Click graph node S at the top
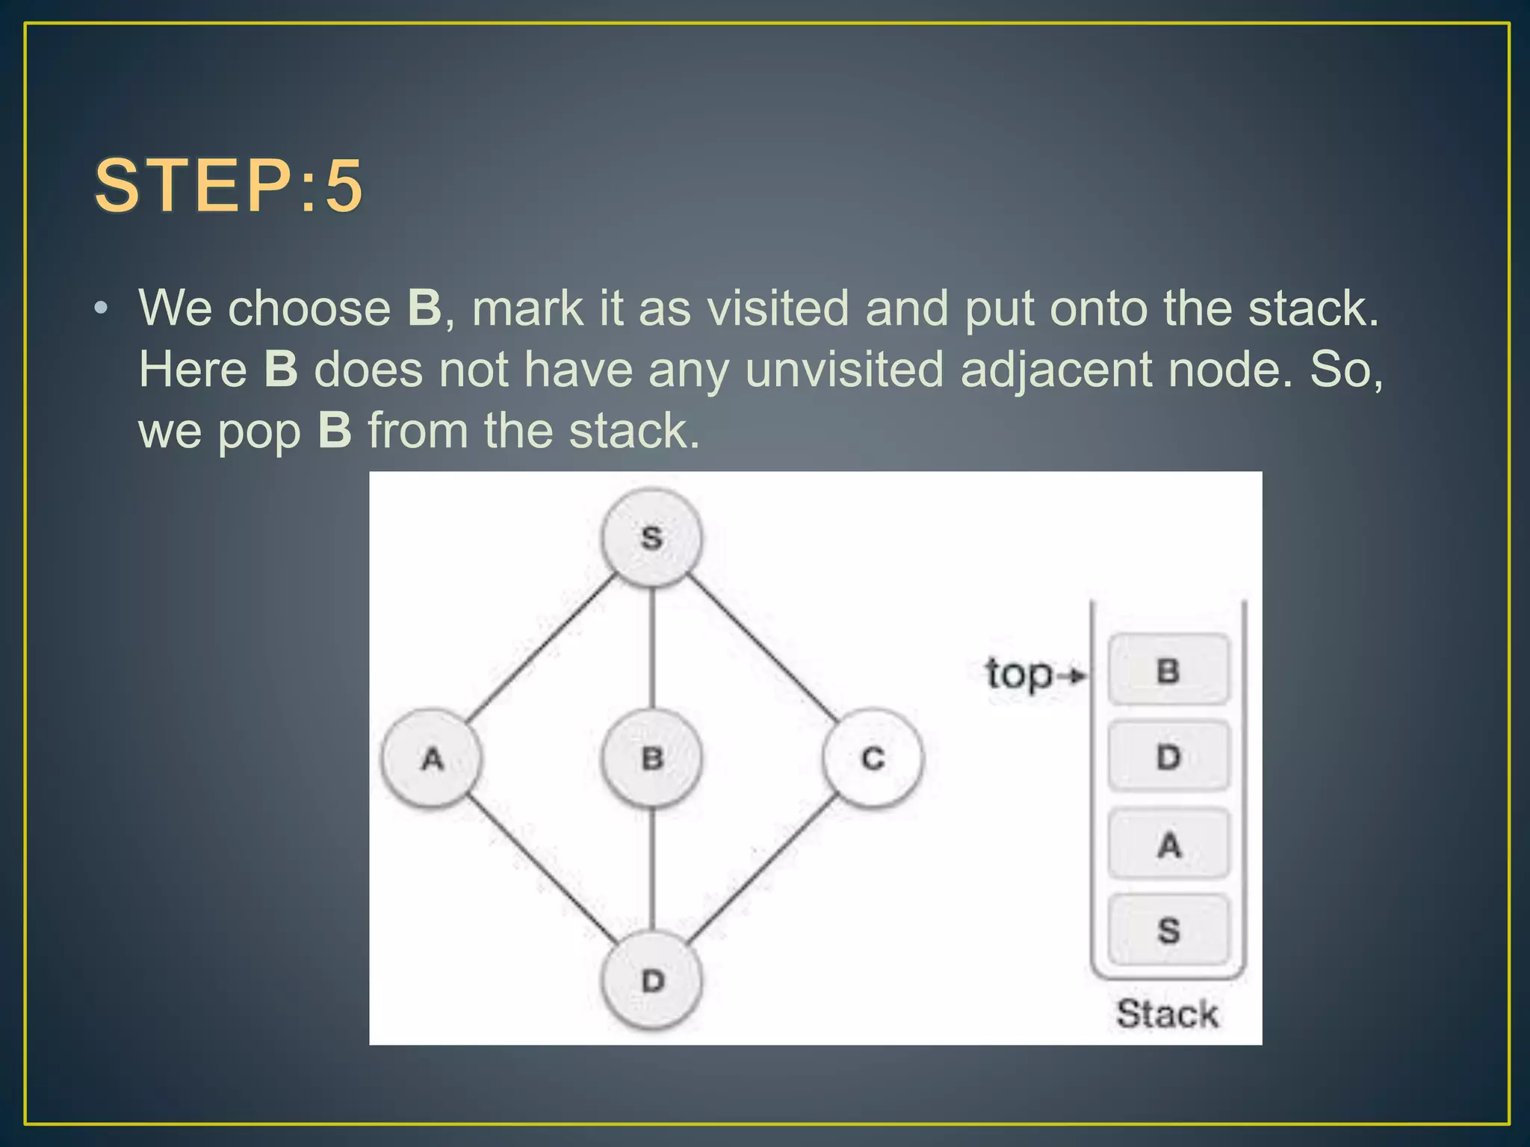(x=651, y=538)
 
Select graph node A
(x=432, y=759)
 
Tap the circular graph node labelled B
(x=651, y=759)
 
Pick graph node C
(x=873, y=759)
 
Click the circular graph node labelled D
(x=651, y=980)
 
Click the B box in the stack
(x=1168, y=670)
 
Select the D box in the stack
(x=1168, y=756)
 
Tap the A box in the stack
(x=1168, y=845)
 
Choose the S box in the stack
(x=1168, y=930)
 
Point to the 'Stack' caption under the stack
(x=1167, y=1014)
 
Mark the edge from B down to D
(x=652, y=870)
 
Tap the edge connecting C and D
(x=762, y=870)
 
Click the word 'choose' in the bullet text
(x=309, y=308)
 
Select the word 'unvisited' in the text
(x=844, y=369)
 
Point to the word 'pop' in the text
(x=258, y=432)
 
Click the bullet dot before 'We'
(x=102, y=308)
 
